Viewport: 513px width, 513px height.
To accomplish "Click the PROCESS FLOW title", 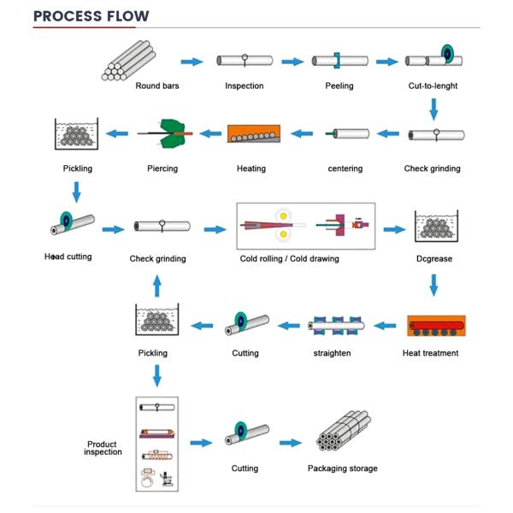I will (91, 15).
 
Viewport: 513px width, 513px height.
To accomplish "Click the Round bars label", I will (157, 85).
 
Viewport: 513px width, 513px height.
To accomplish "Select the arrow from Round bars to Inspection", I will (192, 62).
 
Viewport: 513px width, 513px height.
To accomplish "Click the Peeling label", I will (339, 85).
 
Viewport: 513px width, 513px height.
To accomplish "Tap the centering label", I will (345, 168).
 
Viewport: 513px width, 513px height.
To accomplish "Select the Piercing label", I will (162, 168).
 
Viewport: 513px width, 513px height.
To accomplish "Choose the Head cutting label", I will (68, 256).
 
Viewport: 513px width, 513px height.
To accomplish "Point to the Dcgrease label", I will (433, 258).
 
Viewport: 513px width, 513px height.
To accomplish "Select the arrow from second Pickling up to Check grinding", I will (156, 286).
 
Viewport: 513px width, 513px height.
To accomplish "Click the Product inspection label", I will (103, 448).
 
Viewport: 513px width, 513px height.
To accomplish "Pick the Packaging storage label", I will (342, 469).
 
